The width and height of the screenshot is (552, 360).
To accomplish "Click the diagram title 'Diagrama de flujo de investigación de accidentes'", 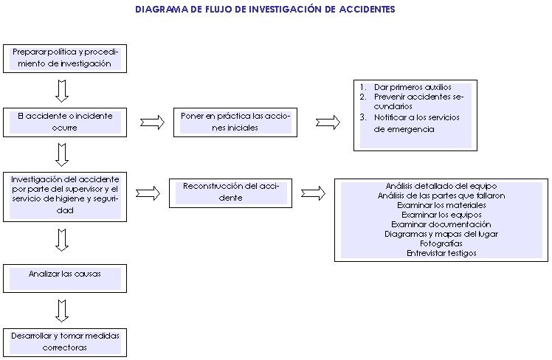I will click(x=265, y=10).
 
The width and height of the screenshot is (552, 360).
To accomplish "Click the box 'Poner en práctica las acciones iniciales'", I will click(x=235, y=122).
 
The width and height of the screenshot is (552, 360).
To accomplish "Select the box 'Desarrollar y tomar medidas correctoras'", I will click(x=65, y=341).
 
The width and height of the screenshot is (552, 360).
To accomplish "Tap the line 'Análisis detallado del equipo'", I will click(x=441, y=186).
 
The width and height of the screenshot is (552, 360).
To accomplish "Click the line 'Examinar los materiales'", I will click(x=441, y=205).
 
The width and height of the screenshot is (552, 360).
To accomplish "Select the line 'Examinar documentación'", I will click(x=441, y=224).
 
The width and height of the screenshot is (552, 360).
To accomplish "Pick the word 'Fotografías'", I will click(x=441, y=243).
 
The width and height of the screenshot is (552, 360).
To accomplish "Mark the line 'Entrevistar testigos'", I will click(x=441, y=253).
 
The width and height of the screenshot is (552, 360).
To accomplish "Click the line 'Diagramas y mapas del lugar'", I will click(x=441, y=234).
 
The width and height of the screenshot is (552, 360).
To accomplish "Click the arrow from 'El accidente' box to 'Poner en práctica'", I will click(x=152, y=122).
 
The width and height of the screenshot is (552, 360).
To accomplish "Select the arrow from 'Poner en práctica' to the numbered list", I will click(x=328, y=122).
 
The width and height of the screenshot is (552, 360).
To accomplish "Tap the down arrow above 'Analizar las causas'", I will click(x=63, y=240).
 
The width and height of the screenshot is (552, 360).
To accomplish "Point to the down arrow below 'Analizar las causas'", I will click(x=63, y=308).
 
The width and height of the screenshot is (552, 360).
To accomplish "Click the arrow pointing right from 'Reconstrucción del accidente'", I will click(x=314, y=193).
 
